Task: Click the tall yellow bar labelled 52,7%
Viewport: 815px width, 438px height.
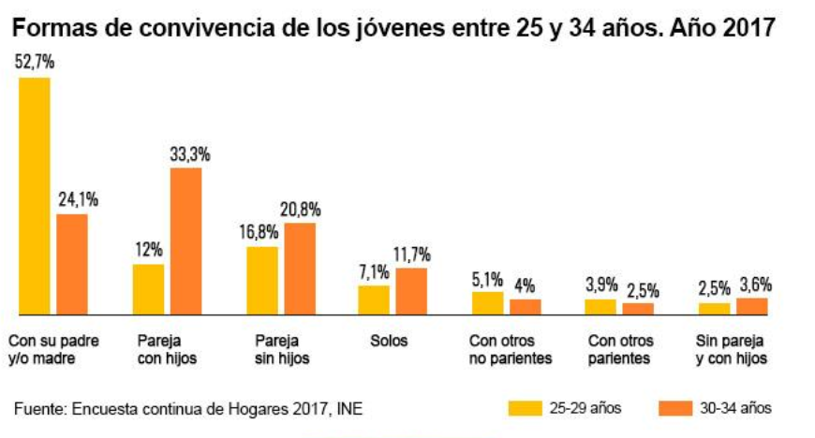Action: pos(35,195)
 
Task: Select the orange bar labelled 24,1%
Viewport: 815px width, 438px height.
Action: pos(72,263)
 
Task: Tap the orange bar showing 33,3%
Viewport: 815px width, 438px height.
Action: pos(185,240)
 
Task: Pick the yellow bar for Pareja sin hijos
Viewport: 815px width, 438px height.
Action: pos(262,280)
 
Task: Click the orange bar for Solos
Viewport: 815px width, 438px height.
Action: pos(410,290)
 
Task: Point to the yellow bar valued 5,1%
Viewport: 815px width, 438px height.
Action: pos(487,302)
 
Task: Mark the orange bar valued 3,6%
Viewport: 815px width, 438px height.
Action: pos(751,305)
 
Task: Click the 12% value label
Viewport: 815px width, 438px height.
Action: pos(149,250)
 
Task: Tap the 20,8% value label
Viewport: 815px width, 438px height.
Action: pos(300,209)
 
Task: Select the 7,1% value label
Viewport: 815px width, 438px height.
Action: pos(375,271)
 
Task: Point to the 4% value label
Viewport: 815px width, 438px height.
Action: pos(525,285)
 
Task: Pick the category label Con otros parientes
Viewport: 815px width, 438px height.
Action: pos(620,349)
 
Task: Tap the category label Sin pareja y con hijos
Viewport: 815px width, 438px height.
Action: pos(733,349)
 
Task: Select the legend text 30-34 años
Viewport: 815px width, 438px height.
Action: pos(736,408)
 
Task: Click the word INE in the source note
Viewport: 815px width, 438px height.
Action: pos(349,409)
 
